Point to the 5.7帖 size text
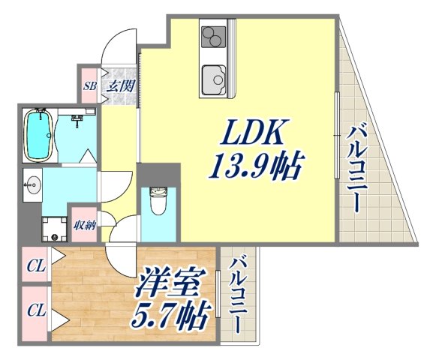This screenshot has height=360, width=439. [x=171, y=318]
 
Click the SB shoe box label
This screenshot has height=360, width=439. [x=89, y=85]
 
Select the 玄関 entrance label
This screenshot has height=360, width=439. [x=119, y=85]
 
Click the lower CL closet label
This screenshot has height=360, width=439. [x=35, y=309]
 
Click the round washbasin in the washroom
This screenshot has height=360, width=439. [x=32, y=184]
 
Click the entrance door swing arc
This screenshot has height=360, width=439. [x=119, y=46]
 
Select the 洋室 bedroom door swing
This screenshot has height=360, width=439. [x=120, y=259]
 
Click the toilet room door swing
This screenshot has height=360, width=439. [x=125, y=226]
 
